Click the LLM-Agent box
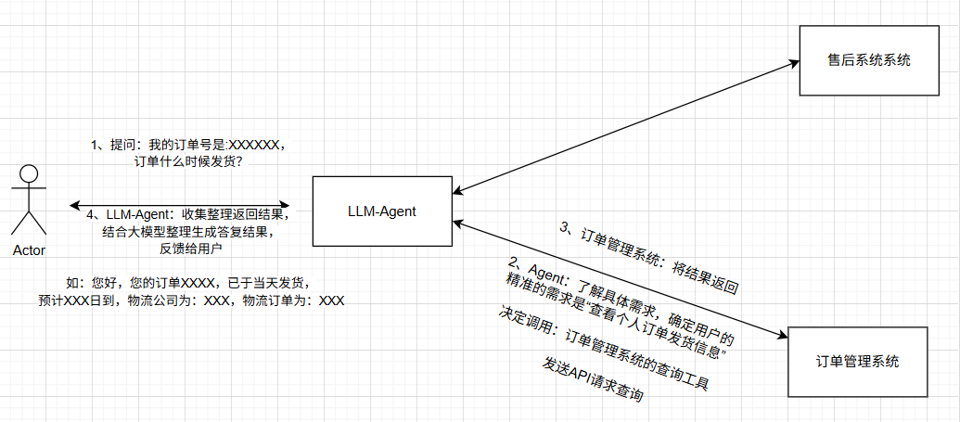pos(382,211)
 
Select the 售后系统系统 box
pos(868,60)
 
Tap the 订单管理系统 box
pos(857,362)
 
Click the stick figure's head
pos(29,174)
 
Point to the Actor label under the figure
pos(29,250)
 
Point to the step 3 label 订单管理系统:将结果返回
pos(649,259)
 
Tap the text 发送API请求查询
pos(593,380)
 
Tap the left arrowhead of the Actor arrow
pos(73,205)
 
